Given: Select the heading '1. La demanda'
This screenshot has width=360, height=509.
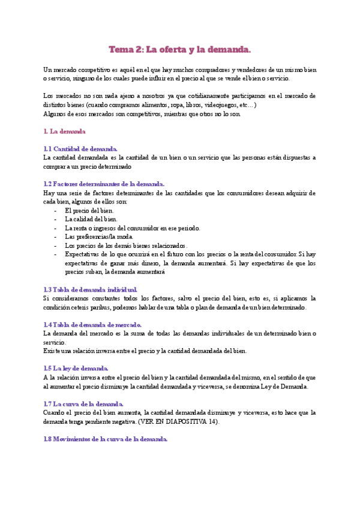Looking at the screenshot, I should click(65, 131).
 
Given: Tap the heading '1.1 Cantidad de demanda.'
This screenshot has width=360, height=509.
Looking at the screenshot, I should click(81, 149).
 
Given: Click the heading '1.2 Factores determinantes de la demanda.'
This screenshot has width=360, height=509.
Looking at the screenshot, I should click(104, 184).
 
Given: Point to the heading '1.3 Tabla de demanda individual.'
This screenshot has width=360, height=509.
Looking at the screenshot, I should click(91, 289).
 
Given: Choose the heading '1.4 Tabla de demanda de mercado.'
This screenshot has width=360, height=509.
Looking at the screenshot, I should click(91, 324).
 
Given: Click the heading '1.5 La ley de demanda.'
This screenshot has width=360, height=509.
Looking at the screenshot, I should click(76, 368).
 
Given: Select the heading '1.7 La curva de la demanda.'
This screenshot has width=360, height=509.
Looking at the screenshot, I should click(84, 403).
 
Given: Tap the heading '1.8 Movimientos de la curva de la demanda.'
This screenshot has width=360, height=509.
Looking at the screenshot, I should click(106, 439).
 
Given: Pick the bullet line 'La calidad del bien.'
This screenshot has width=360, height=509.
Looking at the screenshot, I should click(91, 219).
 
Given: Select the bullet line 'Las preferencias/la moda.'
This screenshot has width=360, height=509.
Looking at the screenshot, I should click(99, 236).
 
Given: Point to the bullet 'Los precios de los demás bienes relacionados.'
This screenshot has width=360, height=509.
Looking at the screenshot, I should click(126, 245).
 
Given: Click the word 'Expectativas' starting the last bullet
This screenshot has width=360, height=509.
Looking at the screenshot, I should click(82, 254).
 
